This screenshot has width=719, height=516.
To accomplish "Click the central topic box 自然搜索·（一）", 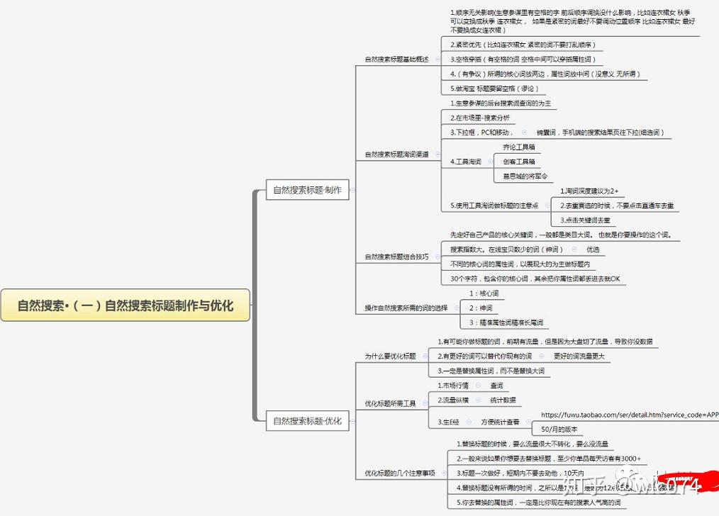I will (126, 305).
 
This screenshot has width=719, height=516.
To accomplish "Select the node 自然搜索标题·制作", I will (307, 190).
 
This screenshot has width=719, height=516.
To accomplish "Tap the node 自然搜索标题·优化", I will (307, 421).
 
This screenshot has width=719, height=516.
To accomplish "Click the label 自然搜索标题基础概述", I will (396, 59).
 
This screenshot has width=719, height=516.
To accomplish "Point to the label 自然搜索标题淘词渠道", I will (396, 154).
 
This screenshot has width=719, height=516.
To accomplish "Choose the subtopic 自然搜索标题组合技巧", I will (396, 257).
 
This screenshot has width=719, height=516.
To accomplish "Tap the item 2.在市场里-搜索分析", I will (480, 117).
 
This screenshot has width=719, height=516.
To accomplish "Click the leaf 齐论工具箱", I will (518, 147).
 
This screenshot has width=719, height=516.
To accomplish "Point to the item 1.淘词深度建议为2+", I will (589, 191).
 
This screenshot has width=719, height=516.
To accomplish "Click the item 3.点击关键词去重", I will (585, 220).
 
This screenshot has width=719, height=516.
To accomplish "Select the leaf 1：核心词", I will (484, 293).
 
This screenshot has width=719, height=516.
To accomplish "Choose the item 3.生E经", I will (449, 422).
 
